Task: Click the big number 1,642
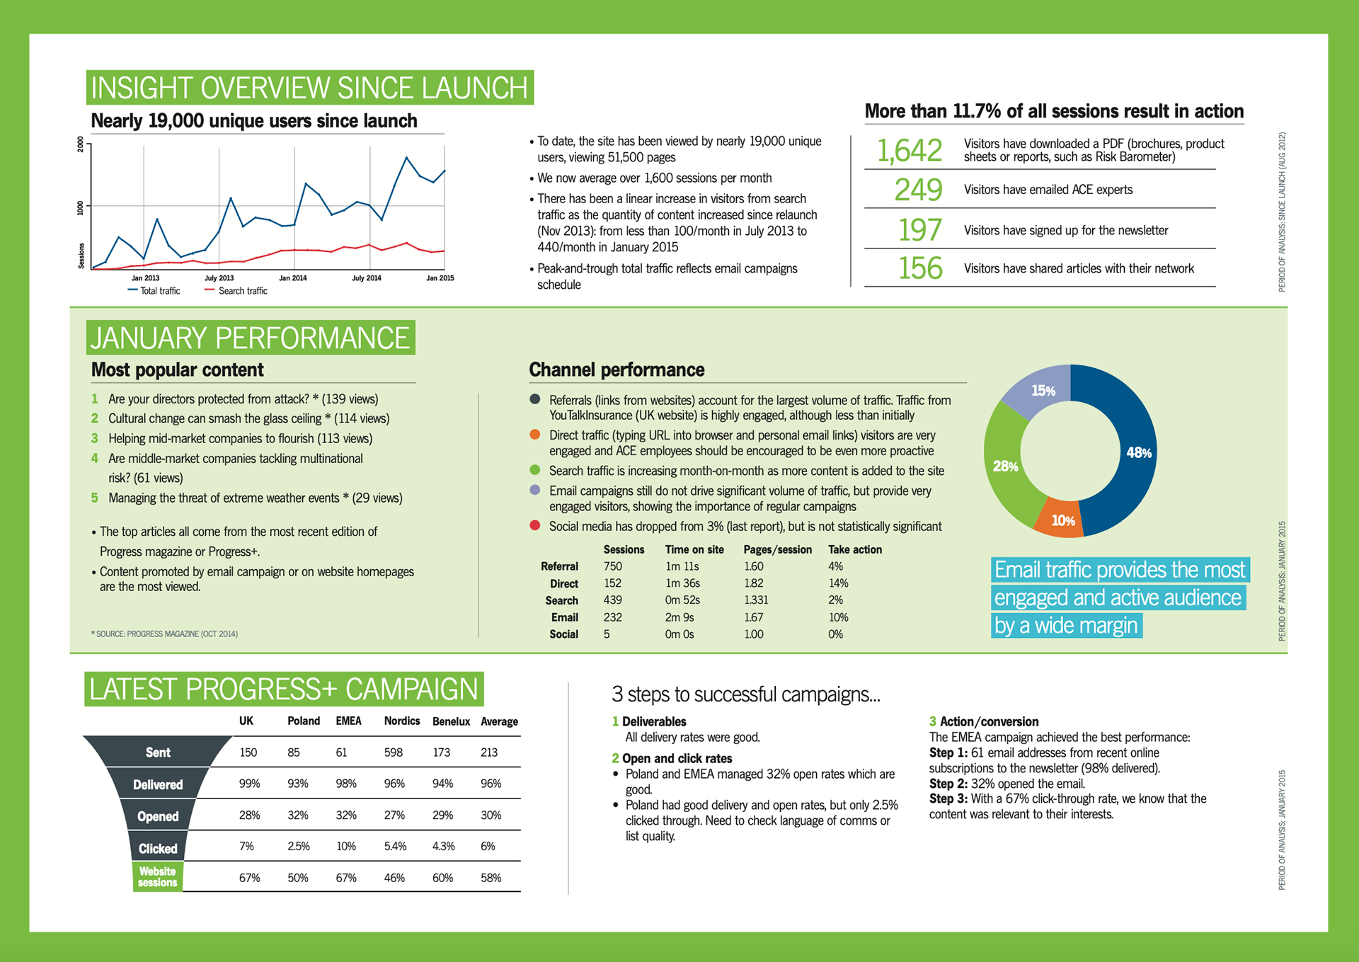[x=910, y=150]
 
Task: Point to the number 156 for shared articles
[x=920, y=268]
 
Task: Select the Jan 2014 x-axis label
[x=293, y=278]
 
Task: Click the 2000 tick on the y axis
[x=81, y=144]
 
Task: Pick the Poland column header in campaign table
[x=304, y=721]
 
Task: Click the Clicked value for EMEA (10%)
[x=346, y=846]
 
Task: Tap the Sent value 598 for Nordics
[x=394, y=752]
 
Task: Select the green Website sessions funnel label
[x=158, y=876]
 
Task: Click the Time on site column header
[x=694, y=549]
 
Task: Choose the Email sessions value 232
[x=613, y=617]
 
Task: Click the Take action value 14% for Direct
[x=838, y=583]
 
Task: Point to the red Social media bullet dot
[x=535, y=525]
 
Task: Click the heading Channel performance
[x=617, y=370]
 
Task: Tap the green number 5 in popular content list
[x=95, y=498]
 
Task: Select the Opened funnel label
[x=158, y=816]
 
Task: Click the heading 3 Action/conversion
[x=984, y=721]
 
